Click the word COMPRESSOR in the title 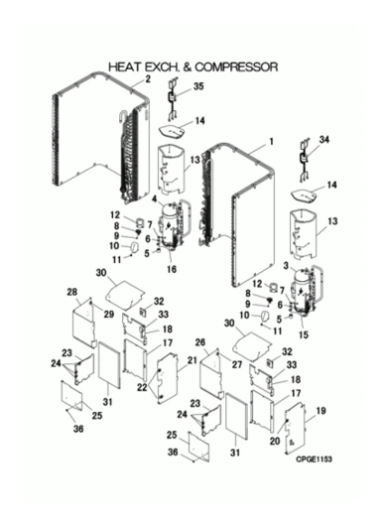tap(236, 67)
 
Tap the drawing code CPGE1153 tap(314, 459)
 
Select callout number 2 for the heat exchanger tap(148, 79)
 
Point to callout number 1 tap(271, 142)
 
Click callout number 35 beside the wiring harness tap(198, 86)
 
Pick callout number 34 tap(323, 140)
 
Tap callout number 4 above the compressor tap(155, 198)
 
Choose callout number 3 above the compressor tap(286, 266)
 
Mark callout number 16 tap(172, 269)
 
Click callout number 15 tap(304, 334)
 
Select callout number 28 tap(72, 292)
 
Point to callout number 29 tap(109, 315)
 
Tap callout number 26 tap(200, 342)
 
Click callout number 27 tap(237, 364)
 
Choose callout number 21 tap(192, 360)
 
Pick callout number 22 tap(142, 387)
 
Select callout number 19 tap(321, 411)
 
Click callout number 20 tap(275, 441)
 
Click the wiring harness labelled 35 tap(173, 98)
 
